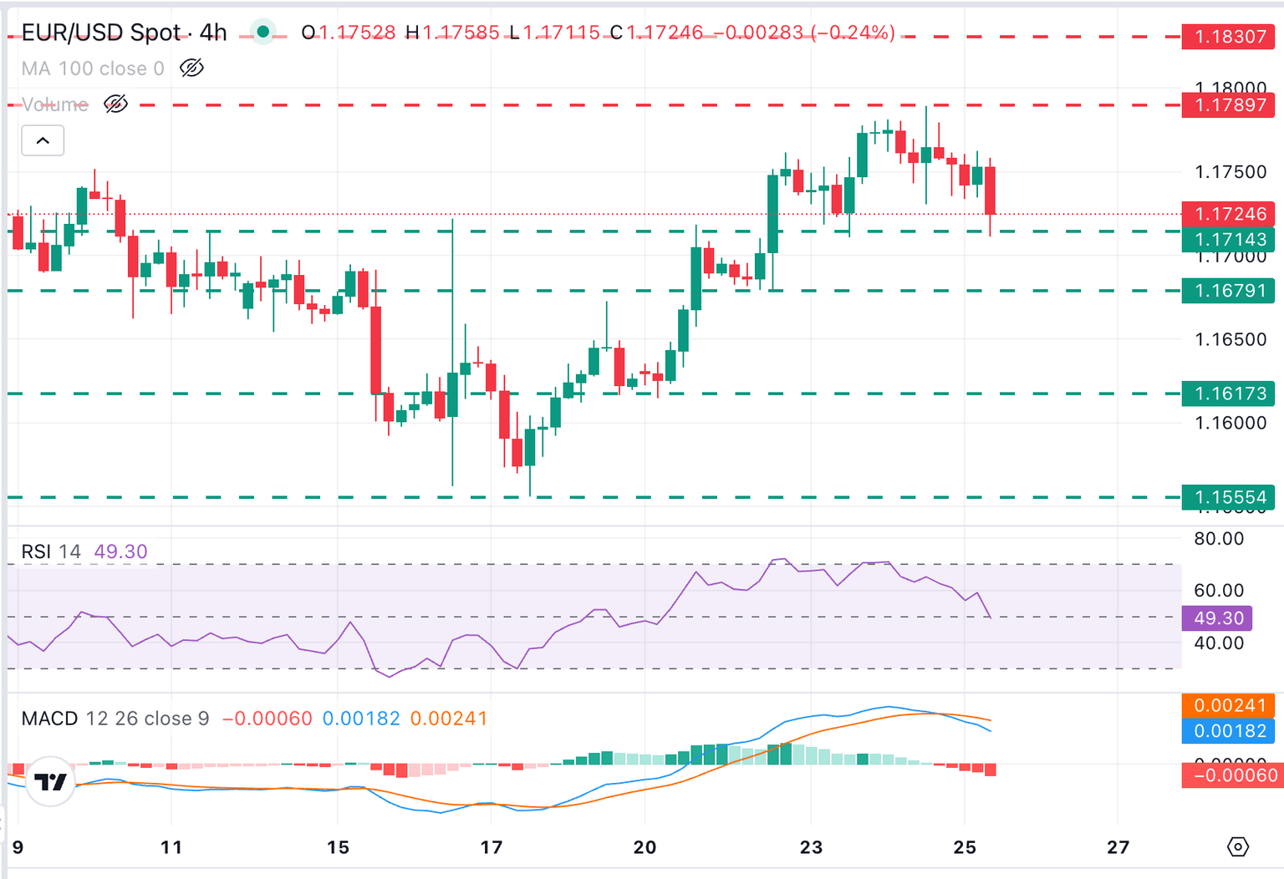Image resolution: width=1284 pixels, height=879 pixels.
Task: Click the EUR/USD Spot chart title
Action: pos(124,33)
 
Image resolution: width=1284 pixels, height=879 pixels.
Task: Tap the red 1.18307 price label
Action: pos(1228,37)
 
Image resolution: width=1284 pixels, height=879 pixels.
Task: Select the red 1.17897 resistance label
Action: pos(1228,105)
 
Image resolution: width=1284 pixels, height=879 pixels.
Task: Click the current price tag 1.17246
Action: pos(1228,214)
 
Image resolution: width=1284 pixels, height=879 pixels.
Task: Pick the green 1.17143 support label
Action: pos(1228,240)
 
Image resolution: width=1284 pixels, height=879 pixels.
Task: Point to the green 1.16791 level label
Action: pos(1228,291)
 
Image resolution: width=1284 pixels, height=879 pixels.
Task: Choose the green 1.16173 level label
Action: pos(1228,394)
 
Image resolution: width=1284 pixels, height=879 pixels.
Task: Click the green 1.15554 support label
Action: pos(1228,498)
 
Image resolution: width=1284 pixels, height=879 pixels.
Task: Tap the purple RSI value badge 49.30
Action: pos(1217,618)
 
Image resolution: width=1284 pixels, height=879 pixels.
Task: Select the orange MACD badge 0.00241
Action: pos(1228,705)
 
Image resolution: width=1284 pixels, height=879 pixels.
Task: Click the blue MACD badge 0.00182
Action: pos(1228,731)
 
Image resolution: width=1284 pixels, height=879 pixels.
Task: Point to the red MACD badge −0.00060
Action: pos(1228,775)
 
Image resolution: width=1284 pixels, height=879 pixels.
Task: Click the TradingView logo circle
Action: pos(50,781)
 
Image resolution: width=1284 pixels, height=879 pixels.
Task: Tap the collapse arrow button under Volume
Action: pos(43,140)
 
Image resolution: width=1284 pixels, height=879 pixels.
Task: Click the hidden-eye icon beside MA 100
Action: pos(191,69)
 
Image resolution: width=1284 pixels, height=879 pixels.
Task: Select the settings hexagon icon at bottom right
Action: pos(1237,847)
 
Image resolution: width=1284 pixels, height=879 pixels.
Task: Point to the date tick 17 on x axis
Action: pos(492,847)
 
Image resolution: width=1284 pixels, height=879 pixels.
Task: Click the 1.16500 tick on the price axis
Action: pos(1230,339)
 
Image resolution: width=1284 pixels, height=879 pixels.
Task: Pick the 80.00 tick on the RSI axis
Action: pos(1218,539)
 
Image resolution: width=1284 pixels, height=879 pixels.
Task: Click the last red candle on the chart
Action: pos(991,191)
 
